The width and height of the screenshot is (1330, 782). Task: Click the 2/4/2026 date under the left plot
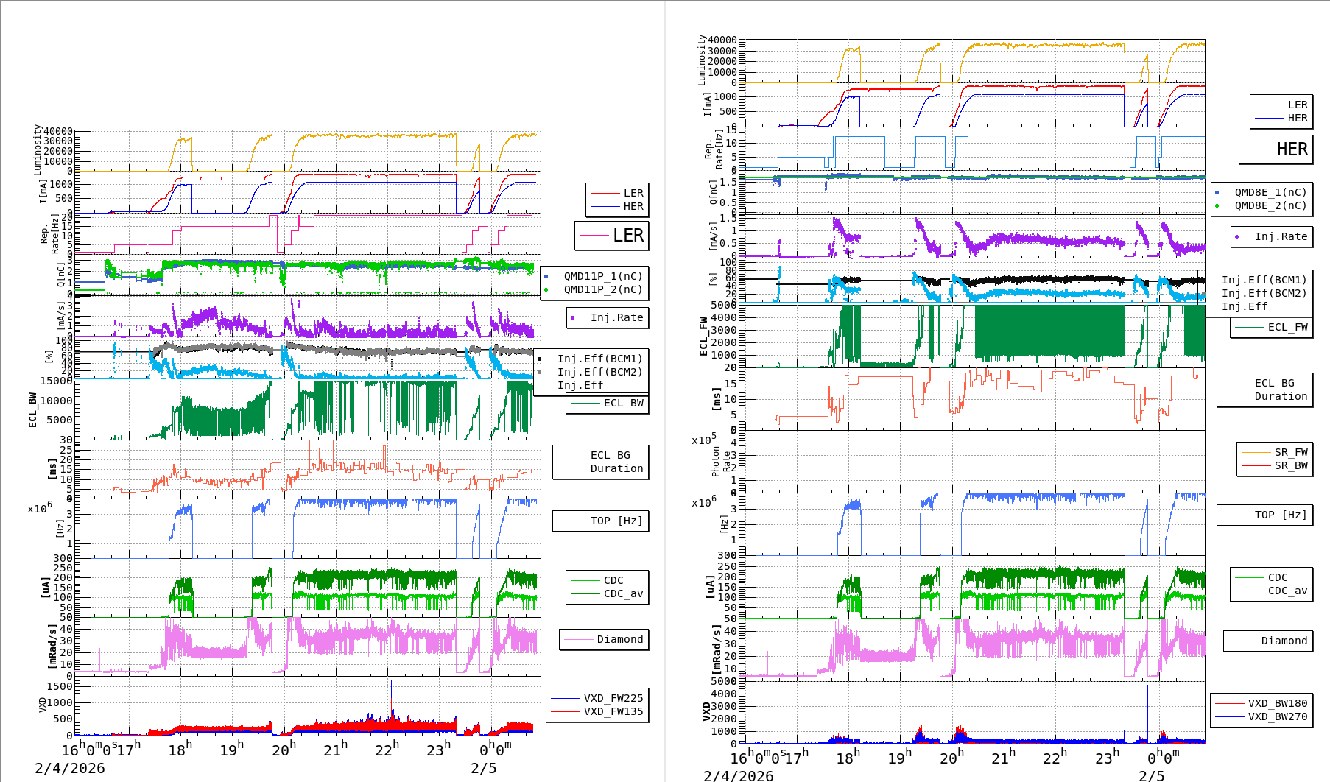click(70, 768)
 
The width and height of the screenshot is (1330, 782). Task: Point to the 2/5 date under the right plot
click(1152, 775)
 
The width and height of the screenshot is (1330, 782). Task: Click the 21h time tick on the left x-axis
click(335, 750)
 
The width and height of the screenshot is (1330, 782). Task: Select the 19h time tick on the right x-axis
click(900, 757)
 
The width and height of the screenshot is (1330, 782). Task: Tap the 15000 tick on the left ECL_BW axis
click(57, 381)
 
